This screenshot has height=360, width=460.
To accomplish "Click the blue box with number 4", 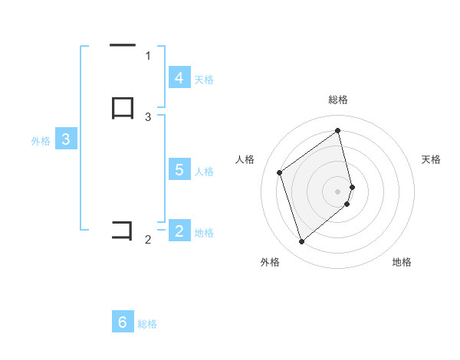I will click(179, 77).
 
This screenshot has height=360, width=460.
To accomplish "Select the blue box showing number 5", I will click(179, 170).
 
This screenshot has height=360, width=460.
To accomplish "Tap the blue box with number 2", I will click(179, 231).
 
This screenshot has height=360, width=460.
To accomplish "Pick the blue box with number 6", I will click(123, 322).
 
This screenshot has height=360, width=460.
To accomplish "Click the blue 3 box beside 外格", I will click(66, 139).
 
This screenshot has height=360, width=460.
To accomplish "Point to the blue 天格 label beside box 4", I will click(204, 79).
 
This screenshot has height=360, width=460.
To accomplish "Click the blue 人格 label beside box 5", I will click(205, 172).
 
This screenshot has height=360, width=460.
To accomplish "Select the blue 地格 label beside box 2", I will click(204, 232).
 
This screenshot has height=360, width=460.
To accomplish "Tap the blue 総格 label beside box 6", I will click(147, 324).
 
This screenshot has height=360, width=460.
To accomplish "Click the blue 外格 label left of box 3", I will click(41, 141).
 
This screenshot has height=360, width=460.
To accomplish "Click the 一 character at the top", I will click(122, 45).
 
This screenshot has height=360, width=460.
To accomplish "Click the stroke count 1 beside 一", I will click(148, 55).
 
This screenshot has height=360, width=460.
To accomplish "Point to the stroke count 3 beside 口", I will click(148, 116).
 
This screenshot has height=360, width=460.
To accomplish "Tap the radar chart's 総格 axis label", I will click(338, 100).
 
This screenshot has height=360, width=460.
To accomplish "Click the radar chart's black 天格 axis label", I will click(432, 159).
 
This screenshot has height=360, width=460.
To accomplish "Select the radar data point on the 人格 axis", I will click(280, 172).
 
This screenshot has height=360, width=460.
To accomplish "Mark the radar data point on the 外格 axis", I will click(301, 242).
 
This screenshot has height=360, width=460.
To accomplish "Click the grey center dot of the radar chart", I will click(338, 191).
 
